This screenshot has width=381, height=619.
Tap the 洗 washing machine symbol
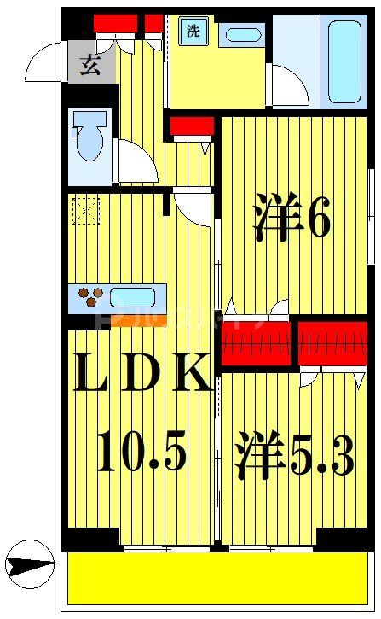193,32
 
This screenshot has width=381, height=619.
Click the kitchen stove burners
88,299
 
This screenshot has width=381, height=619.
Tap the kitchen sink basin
131,298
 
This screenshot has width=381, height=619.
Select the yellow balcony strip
218,578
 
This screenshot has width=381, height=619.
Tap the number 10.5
141,452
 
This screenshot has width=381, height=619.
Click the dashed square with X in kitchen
86,209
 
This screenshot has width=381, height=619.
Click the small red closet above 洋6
191,126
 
